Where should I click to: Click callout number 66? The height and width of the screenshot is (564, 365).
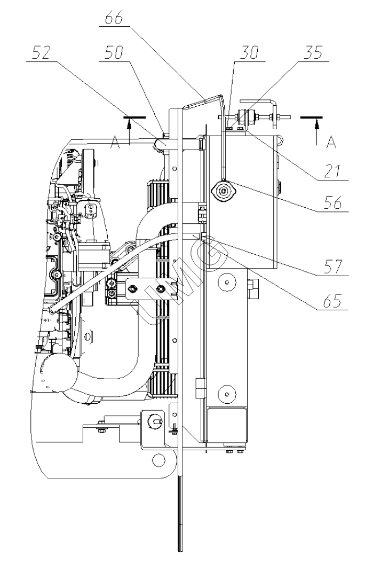click(114, 18)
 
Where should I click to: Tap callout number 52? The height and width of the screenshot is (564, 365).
click(41, 53)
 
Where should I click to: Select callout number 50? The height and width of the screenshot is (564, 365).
click(114, 53)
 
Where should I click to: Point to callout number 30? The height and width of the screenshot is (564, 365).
click(249, 53)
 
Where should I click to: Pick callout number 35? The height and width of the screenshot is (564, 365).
click(313, 52)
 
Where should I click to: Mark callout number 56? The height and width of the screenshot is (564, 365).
click(332, 202)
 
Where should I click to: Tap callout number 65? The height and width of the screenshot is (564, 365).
click(332, 300)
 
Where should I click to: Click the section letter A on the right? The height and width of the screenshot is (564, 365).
click(331, 143)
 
